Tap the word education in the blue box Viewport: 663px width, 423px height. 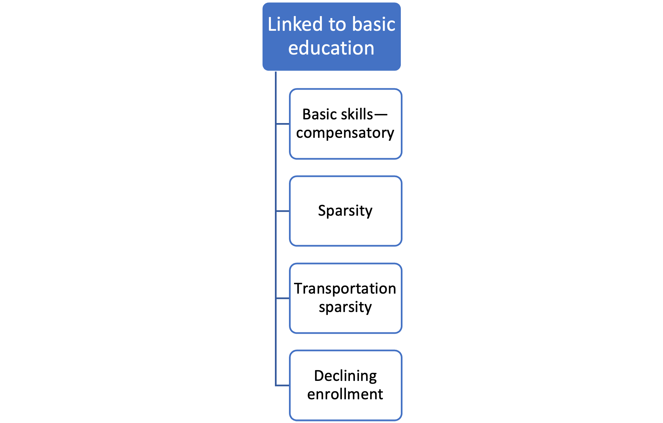tap(331, 48)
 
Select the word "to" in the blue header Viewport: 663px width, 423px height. tap(338, 25)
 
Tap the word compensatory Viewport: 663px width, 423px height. tap(345, 133)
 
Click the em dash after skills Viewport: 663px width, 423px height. tap(381, 115)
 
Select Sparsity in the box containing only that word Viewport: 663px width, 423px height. tap(345, 211)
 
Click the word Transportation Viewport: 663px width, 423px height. tap(345, 289)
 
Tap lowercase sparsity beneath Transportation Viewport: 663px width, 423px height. tap(345, 307)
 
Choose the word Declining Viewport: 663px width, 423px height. tap(345, 376)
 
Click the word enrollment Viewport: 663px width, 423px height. tap(345, 394)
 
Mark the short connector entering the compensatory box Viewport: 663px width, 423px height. tap(283, 124)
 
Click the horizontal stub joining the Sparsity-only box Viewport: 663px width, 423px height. tap(283, 211)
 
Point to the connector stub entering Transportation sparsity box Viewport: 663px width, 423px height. tap(283, 298)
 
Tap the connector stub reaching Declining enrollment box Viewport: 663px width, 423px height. tap(283, 386)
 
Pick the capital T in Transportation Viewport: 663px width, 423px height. tap(299, 289)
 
